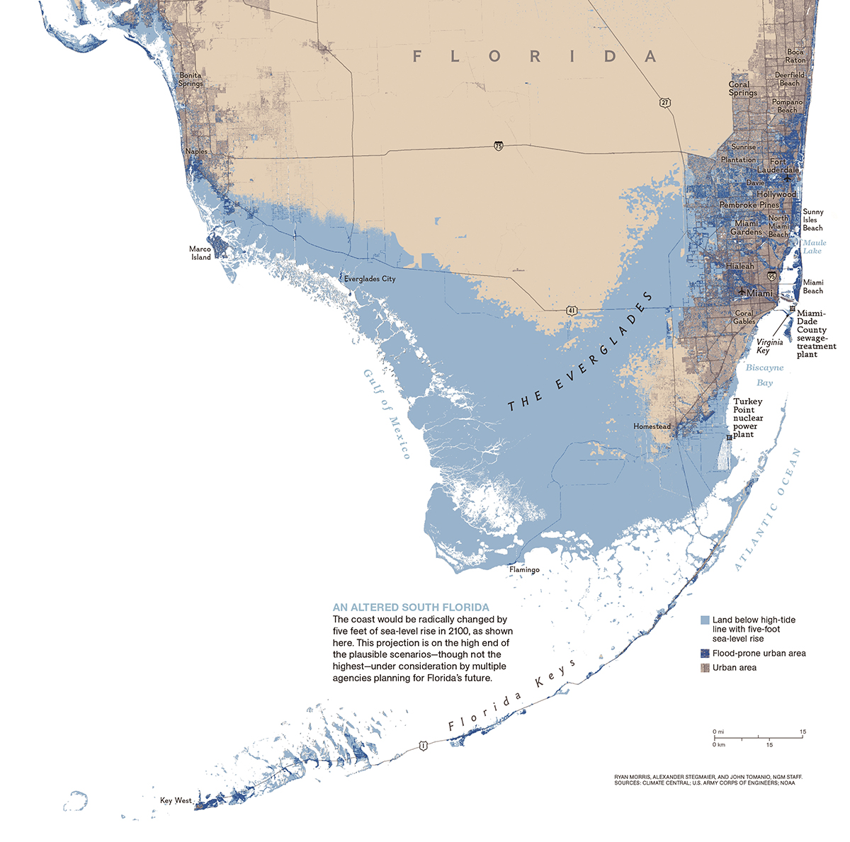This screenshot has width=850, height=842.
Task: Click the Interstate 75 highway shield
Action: point(499,146)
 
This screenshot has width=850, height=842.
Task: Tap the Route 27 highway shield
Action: point(664,103)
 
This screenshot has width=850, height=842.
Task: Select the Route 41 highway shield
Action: point(571,310)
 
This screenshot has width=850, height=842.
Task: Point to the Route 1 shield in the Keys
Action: point(423,745)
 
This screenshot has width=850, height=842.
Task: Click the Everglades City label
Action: point(370,279)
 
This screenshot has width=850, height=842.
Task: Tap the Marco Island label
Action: point(200,254)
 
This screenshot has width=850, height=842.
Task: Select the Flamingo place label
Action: point(524,569)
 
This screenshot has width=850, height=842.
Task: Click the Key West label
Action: point(176,800)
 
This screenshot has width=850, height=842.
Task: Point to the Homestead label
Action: point(652,426)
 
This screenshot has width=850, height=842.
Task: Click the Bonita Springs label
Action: point(190,79)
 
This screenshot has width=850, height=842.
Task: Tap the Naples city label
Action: point(196,152)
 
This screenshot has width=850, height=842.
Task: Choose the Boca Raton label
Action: point(795,56)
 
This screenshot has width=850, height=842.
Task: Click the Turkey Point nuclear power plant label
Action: point(748,418)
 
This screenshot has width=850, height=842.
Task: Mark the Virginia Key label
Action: point(769,346)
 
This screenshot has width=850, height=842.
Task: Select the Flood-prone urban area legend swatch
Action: point(704,653)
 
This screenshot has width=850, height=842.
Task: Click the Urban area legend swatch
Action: point(704,667)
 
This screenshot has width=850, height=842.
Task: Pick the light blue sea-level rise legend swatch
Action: point(704,620)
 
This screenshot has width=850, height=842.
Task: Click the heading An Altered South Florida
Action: point(411,608)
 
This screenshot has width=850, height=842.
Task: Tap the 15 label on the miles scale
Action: point(803,732)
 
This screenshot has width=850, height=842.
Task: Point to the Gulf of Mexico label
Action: point(387,414)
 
